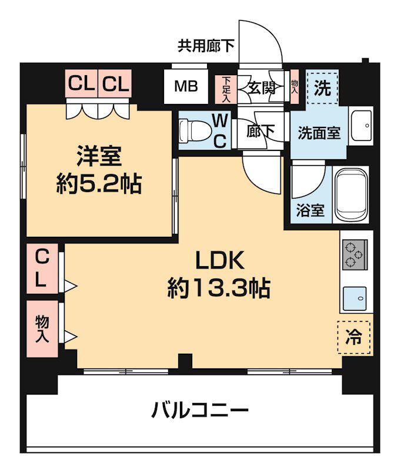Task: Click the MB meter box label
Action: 185,87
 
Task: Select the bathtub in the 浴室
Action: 351,194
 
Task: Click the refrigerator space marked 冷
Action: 354,337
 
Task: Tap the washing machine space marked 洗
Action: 322,88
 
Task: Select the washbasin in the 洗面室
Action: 361,125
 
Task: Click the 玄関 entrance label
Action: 262,88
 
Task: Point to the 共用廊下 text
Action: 206,46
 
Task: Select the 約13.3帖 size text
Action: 218,288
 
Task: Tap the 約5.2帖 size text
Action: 98,185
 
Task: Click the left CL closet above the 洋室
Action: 81,84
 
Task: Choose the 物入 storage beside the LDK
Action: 42,329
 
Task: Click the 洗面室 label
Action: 318,133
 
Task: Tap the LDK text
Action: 219,260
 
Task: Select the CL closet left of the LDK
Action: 41,268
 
